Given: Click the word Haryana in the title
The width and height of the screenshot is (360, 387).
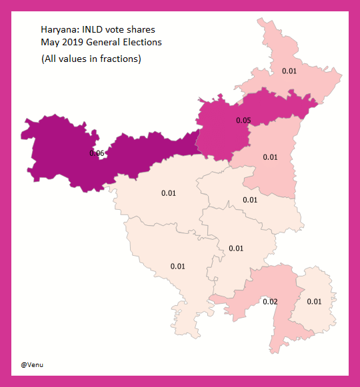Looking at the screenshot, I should (x=57, y=31).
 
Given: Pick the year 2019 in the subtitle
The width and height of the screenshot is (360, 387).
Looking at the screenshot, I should (x=72, y=43).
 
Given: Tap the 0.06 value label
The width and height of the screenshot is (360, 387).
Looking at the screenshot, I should (x=97, y=153).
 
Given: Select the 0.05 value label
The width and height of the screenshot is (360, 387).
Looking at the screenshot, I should (x=243, y=121).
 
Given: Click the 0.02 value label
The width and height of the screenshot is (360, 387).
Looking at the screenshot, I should (x=269, y=302).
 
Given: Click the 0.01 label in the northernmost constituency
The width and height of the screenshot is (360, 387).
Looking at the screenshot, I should (x=289, y=71).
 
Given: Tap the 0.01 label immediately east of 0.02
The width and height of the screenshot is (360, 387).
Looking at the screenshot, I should (x=314, y=302).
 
